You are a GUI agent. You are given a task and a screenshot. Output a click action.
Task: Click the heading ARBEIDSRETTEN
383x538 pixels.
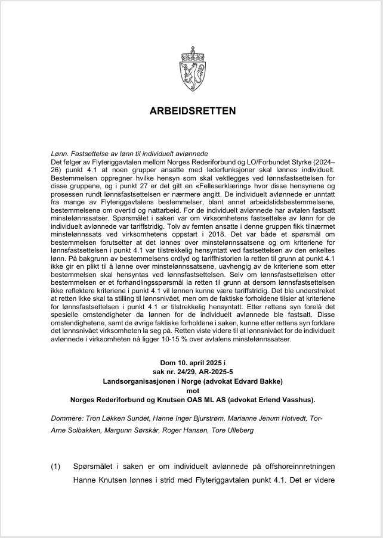(191, 111)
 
